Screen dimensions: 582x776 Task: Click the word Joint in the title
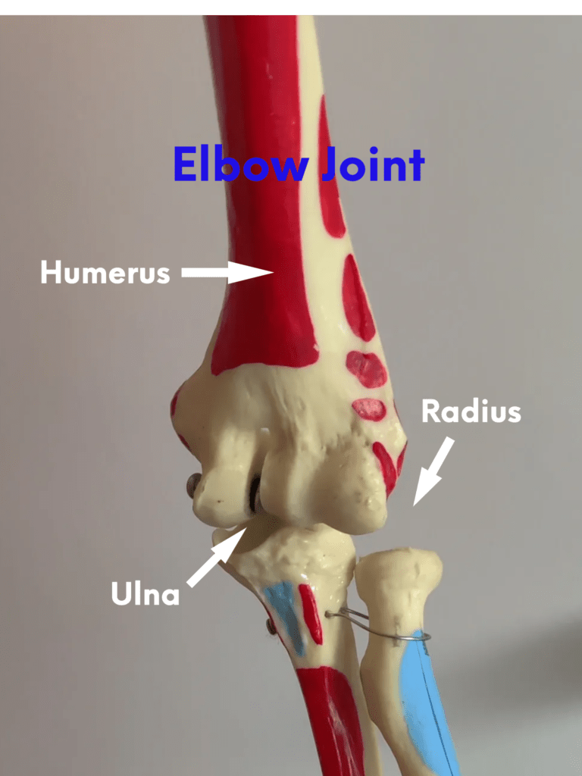click(372, 164)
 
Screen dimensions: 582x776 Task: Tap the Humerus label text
click(105, 272)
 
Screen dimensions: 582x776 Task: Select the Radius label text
click(471, 411)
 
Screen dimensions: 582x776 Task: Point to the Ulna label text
click(145, 593)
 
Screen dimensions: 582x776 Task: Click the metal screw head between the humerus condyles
click(255, 496)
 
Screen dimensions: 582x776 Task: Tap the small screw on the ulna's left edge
click(271, 626)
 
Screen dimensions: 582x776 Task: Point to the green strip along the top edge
click(291, 7)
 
